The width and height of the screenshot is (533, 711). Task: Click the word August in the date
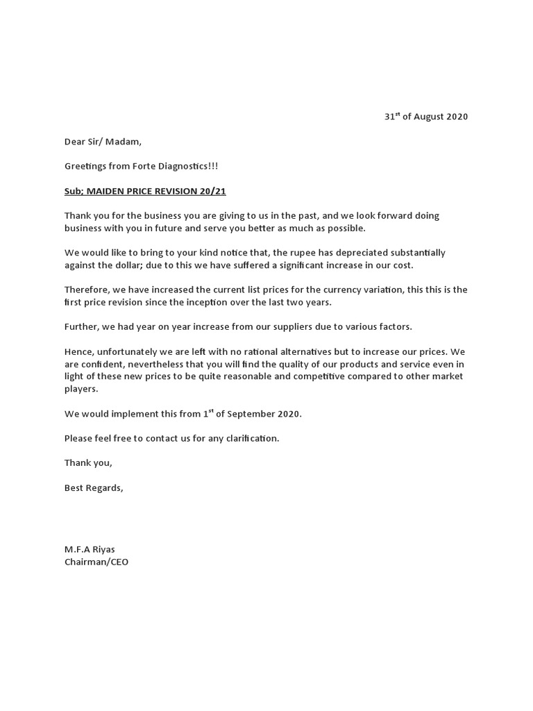[x=428, y=117]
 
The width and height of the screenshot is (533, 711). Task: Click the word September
[x=251, y=414]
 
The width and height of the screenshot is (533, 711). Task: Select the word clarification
[x=249, y=438]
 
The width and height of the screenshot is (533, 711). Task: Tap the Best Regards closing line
[x=94, y=487]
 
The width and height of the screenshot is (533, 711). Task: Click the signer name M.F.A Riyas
[x=90, y=549]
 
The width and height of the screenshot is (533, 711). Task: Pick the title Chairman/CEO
[x=96, y=562]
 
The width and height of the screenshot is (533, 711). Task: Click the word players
[x=81, y=389]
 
